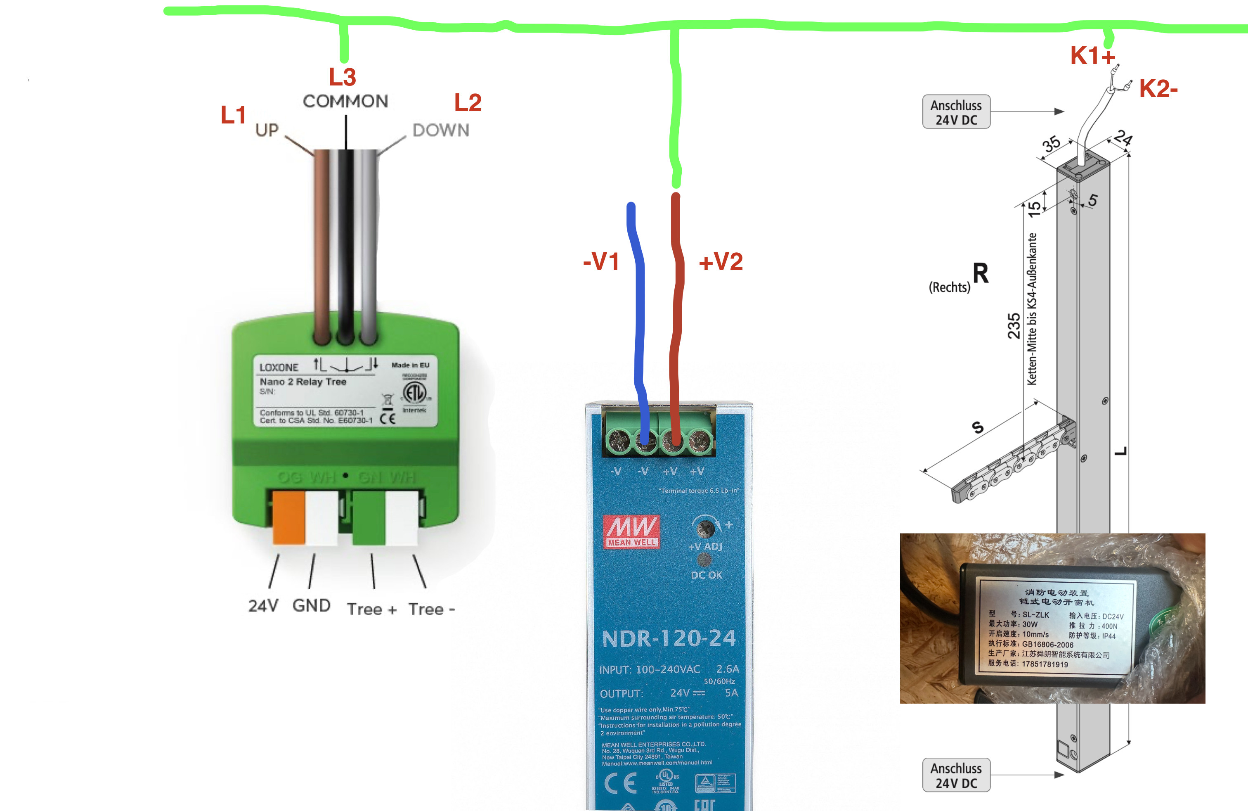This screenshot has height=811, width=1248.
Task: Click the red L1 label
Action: tap(233, 115)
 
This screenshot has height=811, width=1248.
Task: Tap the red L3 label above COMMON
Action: tap(343, 77)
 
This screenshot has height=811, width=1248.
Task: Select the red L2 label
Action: tap(468, 102)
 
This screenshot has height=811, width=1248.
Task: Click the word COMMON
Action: tap(345, 101)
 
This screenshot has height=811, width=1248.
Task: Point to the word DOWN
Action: tap(440, 130)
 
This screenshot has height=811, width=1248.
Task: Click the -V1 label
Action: tap(601, 261)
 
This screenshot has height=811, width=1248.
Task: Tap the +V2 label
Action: tap(721, 261)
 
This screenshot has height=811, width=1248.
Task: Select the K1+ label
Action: tap(1092, 56)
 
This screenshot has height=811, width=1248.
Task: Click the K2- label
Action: tap(1158, 89)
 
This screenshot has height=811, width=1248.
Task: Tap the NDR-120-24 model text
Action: tap(669, 638)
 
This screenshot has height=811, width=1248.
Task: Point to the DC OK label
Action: tap(706, 575)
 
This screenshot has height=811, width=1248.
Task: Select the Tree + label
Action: tap(372, 609)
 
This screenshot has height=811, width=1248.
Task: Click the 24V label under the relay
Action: tap(263, 606)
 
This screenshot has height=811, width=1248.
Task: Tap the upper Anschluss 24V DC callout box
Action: tap(956, 112)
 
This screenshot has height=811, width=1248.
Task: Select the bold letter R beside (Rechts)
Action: tap(981, 273)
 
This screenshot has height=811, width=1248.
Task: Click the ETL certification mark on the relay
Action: tap(414, 392)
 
